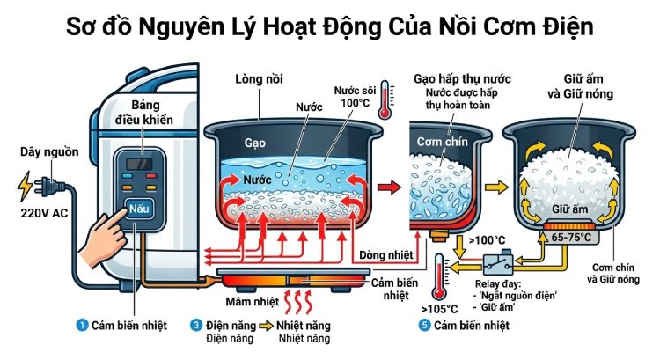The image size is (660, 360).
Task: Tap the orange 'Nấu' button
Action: tap(140, 210)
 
